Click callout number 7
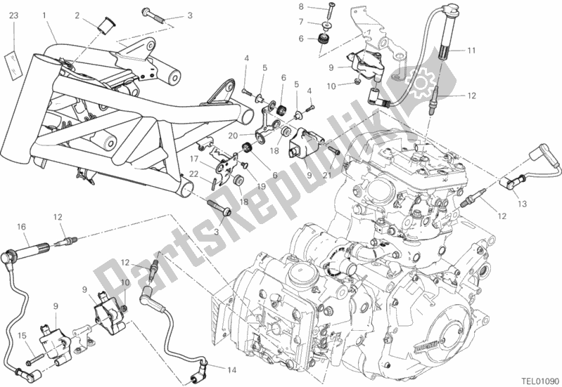300,22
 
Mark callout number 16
22,226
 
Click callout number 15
22,335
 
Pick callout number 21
326,173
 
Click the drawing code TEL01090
536,376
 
